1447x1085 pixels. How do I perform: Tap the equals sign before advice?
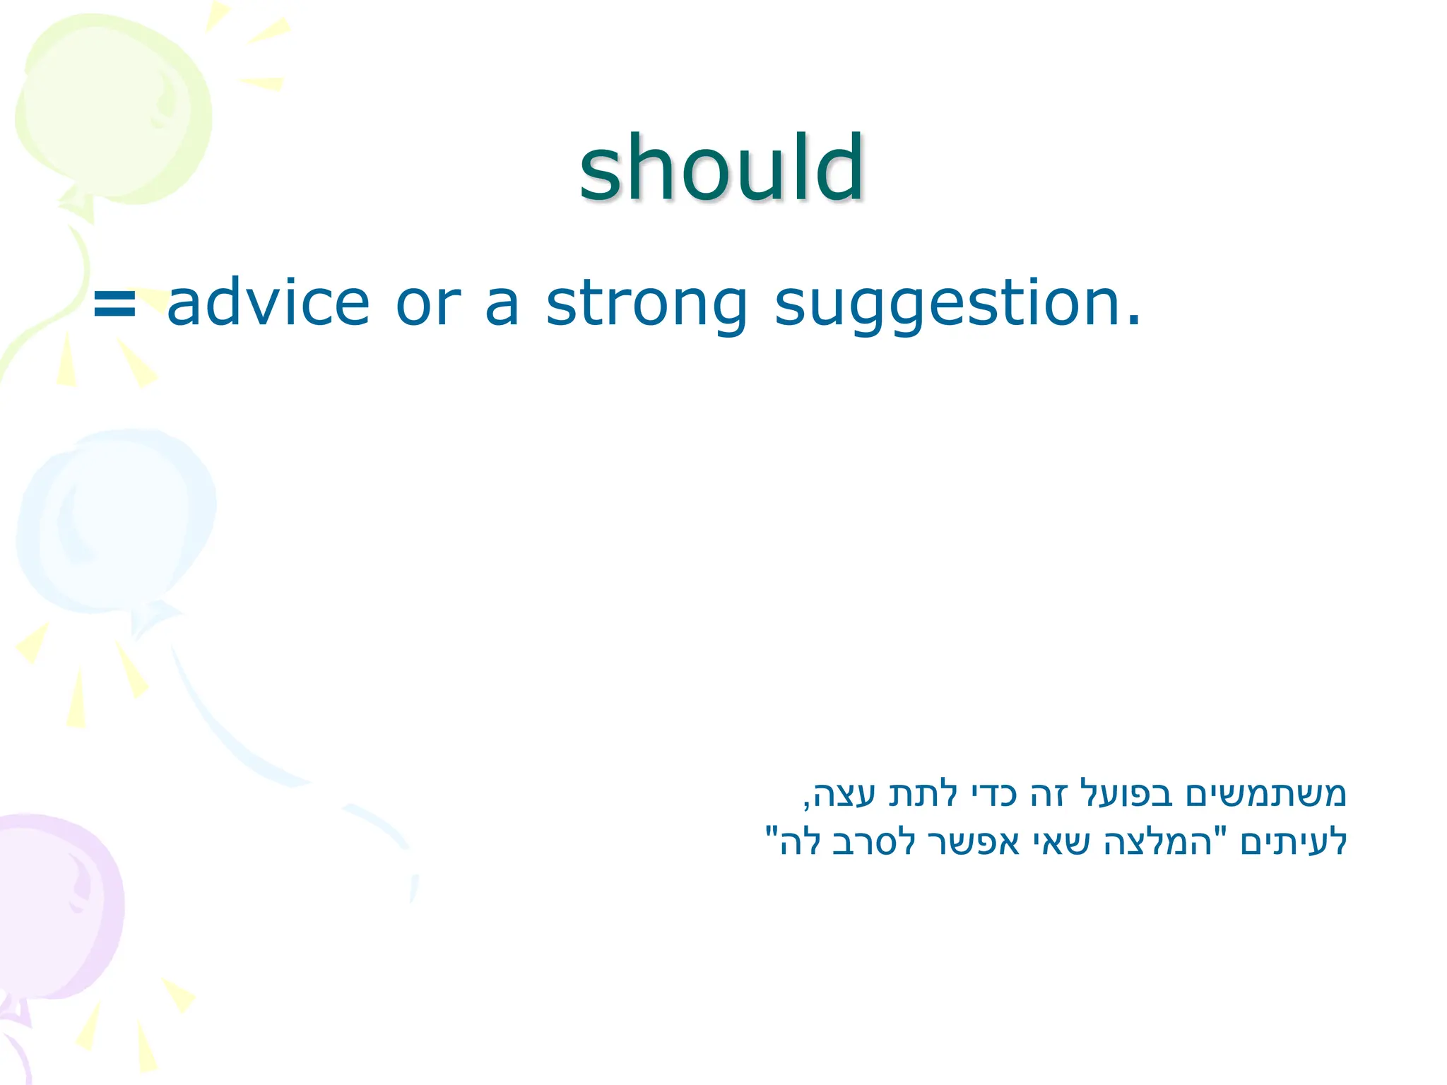tap(114, 305)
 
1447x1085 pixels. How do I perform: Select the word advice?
tap(268, 304)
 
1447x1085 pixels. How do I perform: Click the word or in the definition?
tap(428, 306)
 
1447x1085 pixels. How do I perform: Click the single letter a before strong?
tap(502, 308)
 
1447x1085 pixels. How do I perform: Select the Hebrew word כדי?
tap(992, 794)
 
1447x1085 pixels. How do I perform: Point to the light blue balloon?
tap(117, 523)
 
